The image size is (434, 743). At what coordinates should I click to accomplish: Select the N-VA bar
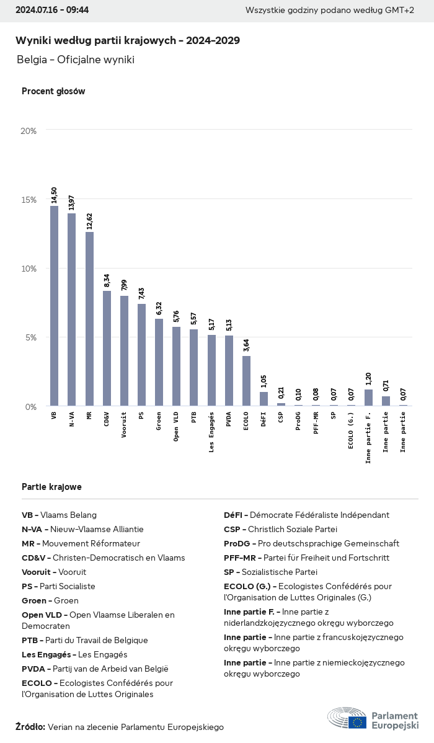click(71, 309)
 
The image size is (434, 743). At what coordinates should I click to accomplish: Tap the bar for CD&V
click(107, 348)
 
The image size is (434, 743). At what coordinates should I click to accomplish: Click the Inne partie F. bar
click(368, 398)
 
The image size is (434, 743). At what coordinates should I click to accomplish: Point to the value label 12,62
click(89, 221)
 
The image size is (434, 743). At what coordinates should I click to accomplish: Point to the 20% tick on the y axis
click(29, 131)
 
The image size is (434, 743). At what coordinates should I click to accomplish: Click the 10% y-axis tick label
click(29, 269)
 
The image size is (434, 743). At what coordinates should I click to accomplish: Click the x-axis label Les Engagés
click(211, 432)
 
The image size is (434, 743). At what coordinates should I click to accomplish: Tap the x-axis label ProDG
click(298, 421)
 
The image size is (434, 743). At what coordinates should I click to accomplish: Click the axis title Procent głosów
click(53, 91)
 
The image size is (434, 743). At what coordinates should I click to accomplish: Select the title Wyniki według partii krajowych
click(127, 40)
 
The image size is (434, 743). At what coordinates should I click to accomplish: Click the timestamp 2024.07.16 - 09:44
click(52, 10)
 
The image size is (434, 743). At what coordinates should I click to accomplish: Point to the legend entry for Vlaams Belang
click(60, 515)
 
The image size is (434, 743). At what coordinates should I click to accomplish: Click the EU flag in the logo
click(357, 721)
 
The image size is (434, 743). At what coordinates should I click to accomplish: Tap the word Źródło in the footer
click(30, 727)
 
